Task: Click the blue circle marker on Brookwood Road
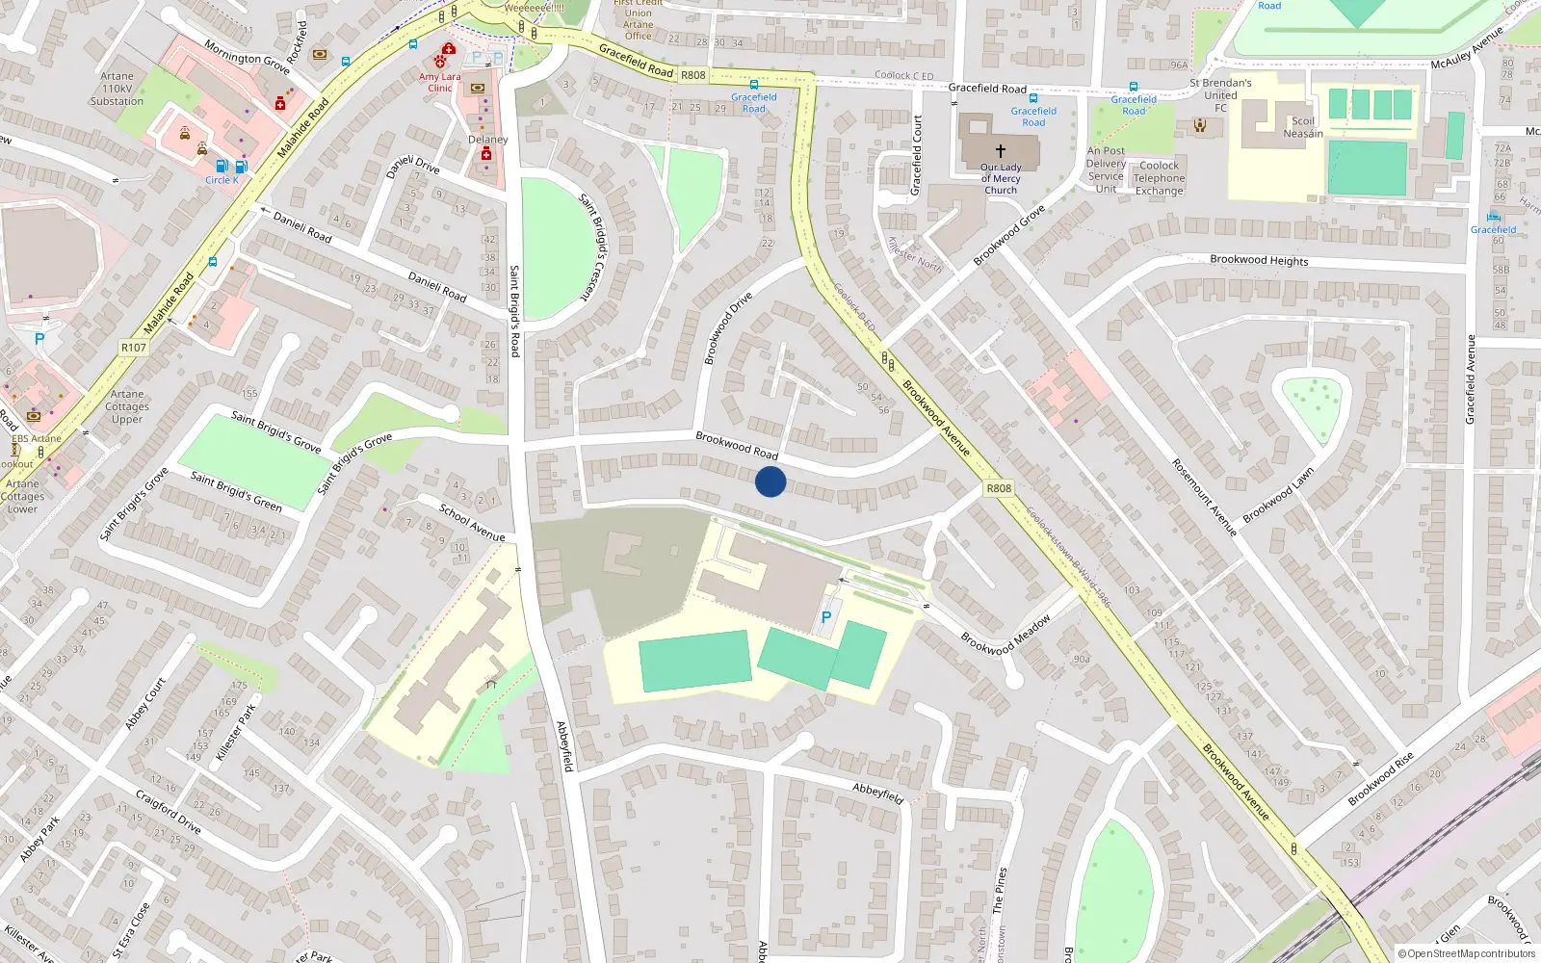[x=770, y=481]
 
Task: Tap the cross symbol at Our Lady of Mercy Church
[x=1001, y=151]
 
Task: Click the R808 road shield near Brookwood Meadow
[x=999, y=488]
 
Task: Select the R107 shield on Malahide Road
[x=134, y=348]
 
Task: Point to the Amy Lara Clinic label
[x=440, y=82]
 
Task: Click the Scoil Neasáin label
[x=1302, y=127]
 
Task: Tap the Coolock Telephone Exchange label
[x=1159, y=178]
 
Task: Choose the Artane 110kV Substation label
[x=117, y=89]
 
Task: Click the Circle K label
[x=222, y=180]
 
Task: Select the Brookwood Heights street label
[x=1259, y=260]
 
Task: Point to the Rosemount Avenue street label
[x=1204, y=498]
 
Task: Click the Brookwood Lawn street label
[x=1278, y=496]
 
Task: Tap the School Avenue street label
[x=472, y=523]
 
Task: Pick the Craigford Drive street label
[x=169, y=812]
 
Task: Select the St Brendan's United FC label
[x=1220, y=95]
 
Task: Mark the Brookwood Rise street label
[x=1380, y=779]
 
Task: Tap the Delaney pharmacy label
[x=487, y=140]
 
